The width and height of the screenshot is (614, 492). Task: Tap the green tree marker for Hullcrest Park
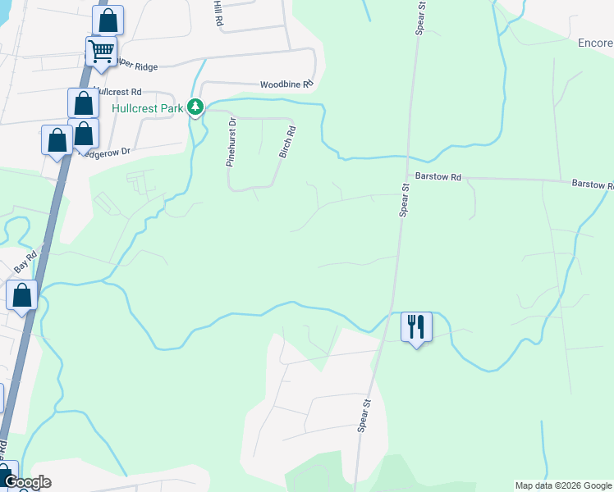pyautogui.click(x=195, y=107)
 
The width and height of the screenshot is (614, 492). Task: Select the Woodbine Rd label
pyautogui.click(x=286, y=84)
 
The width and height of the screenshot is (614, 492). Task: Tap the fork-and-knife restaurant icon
pyautogui.click(x=416, y=326)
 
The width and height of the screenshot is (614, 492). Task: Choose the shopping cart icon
pyautogui.click(x=101, y=52)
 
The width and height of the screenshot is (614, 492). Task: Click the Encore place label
pyautogui.click(x=595, y=43)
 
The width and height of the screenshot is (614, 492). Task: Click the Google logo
pyautogui.click(x=29, y=482)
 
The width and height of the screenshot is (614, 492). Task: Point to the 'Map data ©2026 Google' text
pyautogui.click(x=563, y=485)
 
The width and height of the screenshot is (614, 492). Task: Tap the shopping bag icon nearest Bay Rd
pyautogui.click(x=22, y=295)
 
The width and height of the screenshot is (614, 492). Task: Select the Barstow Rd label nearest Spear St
pyautogui.click(x=439, y=176)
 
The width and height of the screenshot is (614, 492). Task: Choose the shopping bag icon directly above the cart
pyautogui.click(x=108, y=20)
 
